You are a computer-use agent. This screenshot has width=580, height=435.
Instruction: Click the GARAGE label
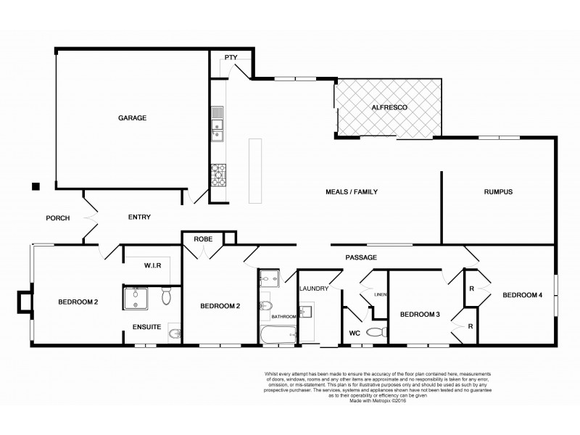pyautogui.click(x=133, y=117)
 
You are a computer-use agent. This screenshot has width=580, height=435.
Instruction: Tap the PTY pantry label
pyautogui.click(x=231, y=57)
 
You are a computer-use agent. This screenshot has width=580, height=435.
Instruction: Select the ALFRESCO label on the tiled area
pyautogui.click(x=389, y=107)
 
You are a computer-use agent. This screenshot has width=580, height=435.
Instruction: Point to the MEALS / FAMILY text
pyautogui.click(x=351, y=192)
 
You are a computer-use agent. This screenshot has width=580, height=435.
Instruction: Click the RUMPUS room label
pyautogui.click(x=498, y=192)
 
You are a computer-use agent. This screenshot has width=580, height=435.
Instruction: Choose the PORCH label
pyautogui.click(x=57, y=217)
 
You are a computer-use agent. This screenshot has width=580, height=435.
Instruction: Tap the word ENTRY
pyautogui.click(x=139, y=217)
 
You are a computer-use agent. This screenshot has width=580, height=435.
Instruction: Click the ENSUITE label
pyautogui.click(x=146, y=327)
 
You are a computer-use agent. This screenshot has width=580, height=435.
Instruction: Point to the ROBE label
pyautogui.click(x=202, y=237)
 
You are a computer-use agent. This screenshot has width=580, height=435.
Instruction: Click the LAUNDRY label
pyautogui.click(x=314, y=289)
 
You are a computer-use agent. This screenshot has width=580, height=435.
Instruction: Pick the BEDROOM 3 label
pyautogui.click(x=420, y=314)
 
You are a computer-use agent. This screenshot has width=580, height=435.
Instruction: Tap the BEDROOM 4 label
pyautogui.click(x=522, y=294)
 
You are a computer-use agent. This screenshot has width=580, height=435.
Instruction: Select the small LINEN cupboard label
pyautogui.click(x=380, y=294)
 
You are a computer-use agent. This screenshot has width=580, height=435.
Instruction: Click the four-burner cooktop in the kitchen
pyautogui.click(x=218, y=173)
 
